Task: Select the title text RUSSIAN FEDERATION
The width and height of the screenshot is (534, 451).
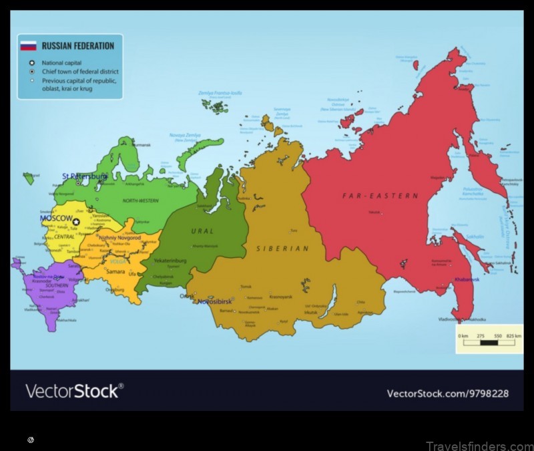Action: tap(77, 46)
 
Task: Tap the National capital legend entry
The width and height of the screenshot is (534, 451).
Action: tap(61, 63)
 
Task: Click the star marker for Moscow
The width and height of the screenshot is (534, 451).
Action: tap(76, 222)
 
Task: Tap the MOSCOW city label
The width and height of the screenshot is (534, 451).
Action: tap(56, 218)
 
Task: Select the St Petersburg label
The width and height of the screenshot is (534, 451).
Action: tap(84, 176)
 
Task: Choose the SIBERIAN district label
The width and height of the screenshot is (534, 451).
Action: tap(282, 249)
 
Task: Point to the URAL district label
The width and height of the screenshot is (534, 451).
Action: tap(202, 231)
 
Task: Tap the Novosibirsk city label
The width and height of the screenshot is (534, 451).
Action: tap(215, 301)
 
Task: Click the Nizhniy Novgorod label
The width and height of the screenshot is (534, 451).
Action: tap(119, 237)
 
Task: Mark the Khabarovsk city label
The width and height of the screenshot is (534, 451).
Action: tap(467, 279)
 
